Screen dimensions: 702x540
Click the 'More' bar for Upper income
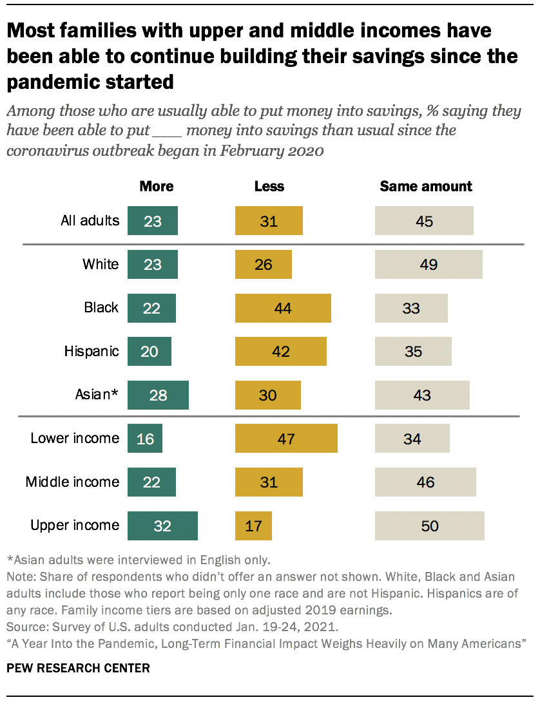click(162, 526)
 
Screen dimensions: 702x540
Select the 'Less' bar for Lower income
click(286, 439)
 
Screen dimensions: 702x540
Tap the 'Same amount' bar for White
click(429, 264)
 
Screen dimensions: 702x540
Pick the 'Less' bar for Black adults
click(283, 308)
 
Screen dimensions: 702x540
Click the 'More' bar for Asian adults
click(158, 395)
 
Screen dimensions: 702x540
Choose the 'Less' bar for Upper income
click(253, 526)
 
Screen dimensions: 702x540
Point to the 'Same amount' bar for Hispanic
click(413, 352)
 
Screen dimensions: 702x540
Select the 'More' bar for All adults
click(153, 221)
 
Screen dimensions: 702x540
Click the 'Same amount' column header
click(425, 186)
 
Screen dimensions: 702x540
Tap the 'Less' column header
click(269, 186)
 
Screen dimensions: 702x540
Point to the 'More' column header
click(157, 186)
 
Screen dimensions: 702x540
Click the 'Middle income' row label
click(72, 482)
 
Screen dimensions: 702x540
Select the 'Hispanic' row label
click(92, 352)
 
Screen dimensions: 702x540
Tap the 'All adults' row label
click(90, 221)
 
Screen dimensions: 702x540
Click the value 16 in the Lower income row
click(145, 439)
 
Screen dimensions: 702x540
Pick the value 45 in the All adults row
click(424, 222)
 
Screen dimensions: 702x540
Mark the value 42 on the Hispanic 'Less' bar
click(281, 352)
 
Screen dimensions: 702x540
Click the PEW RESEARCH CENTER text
click(78, 668)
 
